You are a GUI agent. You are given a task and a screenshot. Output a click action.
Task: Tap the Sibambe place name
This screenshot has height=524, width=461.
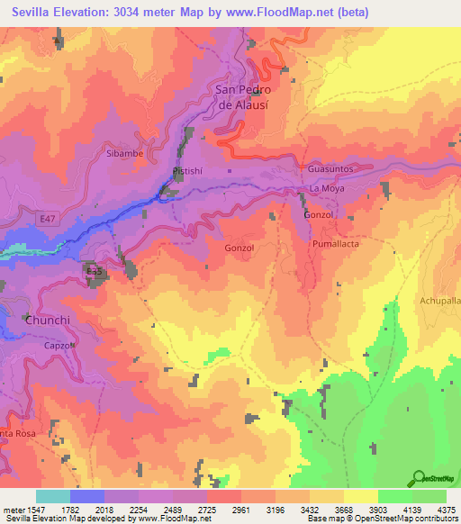(124, 154)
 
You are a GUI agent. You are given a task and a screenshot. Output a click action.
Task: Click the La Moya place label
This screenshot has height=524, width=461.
(328, 188)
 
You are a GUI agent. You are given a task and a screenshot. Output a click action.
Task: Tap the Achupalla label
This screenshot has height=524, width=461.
(440, 301)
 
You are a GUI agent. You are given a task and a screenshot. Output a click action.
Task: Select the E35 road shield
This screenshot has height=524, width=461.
(94, 269)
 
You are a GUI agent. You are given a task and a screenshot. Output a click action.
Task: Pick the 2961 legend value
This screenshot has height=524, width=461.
(240, 510)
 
